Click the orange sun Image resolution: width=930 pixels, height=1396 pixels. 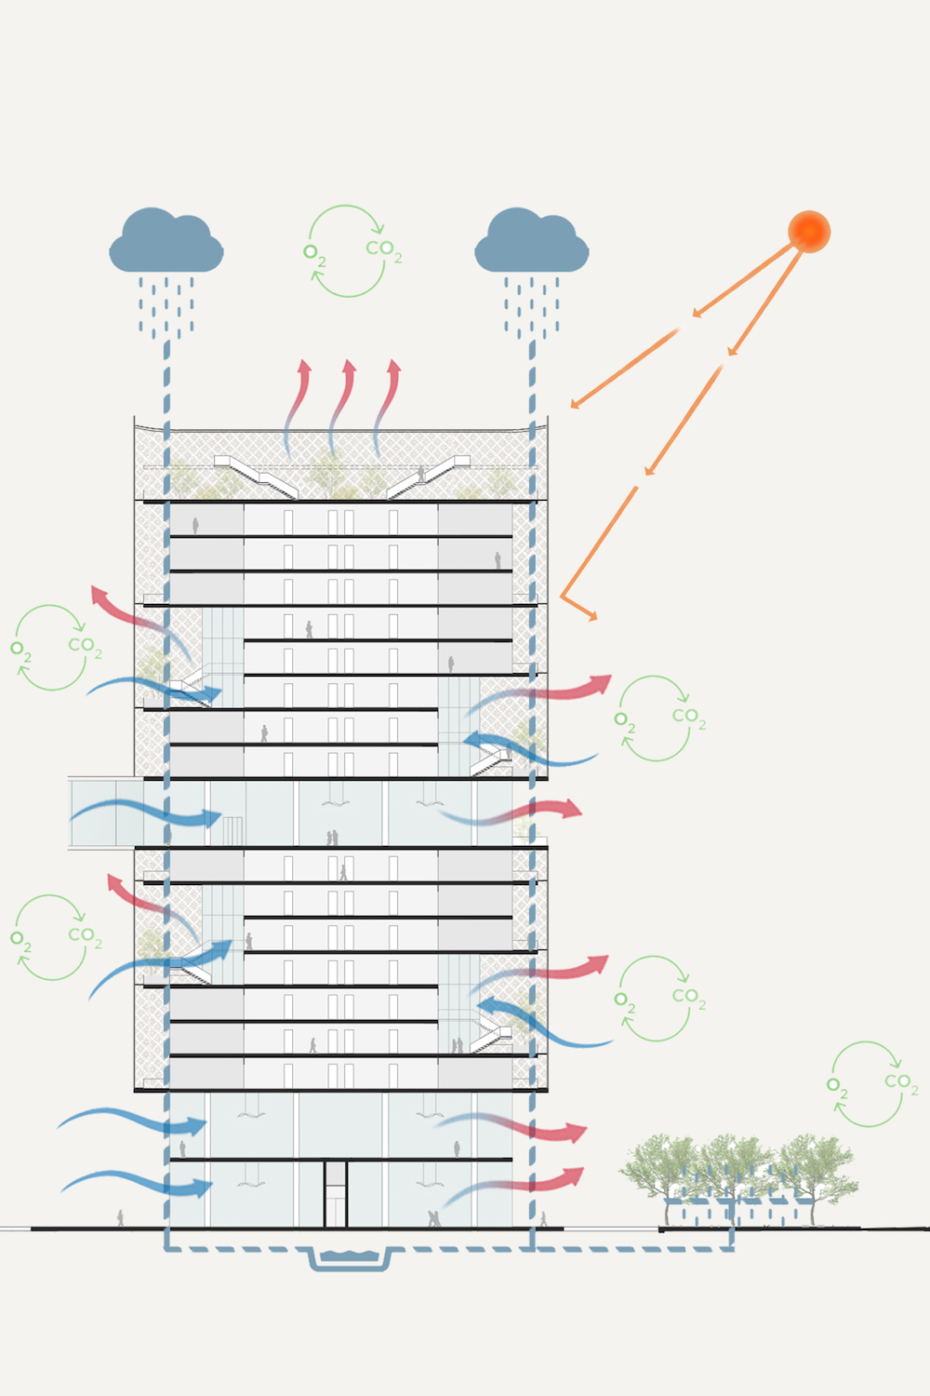809,231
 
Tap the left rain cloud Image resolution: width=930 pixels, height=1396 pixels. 166,241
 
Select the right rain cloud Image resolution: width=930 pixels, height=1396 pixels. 531,241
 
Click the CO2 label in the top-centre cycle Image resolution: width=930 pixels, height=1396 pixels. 383,250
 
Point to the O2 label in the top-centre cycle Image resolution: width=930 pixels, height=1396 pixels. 314,254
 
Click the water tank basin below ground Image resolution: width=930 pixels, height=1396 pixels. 350,1257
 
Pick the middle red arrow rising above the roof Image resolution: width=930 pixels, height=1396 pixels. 341,409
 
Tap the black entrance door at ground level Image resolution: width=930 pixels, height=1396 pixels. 335,1193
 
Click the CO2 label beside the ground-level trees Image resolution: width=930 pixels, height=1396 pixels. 901,1082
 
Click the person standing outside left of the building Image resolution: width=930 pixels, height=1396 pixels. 120,1217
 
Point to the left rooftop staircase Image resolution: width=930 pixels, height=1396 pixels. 256,477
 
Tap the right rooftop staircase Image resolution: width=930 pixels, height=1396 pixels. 429,477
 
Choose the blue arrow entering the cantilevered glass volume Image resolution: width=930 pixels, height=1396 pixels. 146,812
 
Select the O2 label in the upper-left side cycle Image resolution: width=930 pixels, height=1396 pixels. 21,651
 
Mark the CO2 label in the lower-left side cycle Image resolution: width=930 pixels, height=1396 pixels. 85,936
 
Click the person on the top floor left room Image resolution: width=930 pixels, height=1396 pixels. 195,526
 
